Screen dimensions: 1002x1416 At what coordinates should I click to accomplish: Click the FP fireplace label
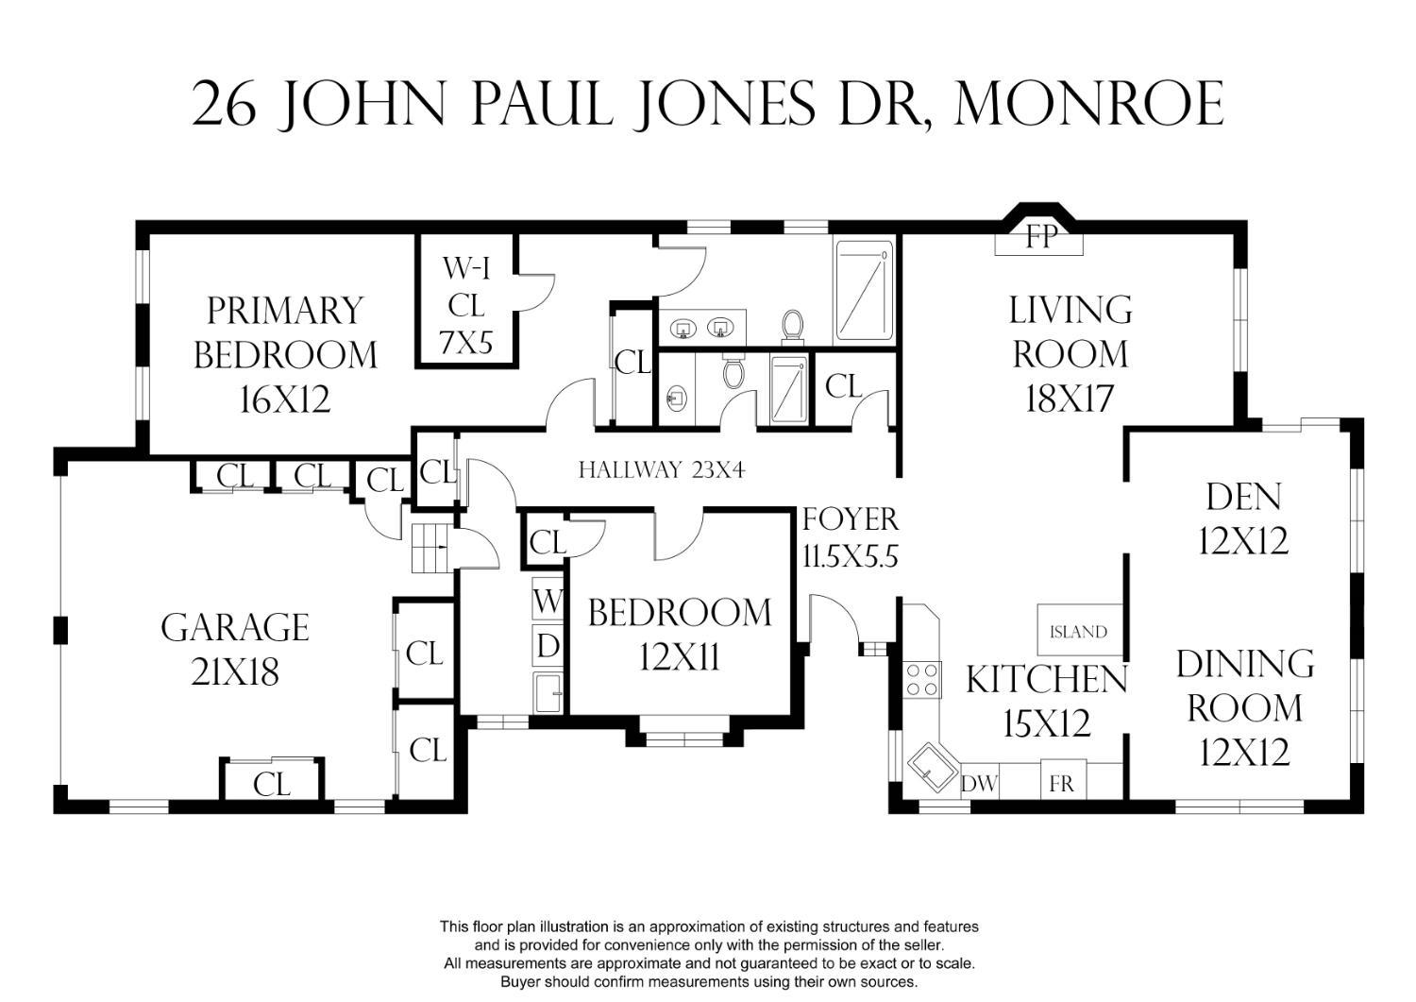click(1040, 236)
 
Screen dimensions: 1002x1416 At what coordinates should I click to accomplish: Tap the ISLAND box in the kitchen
click(1079, 631)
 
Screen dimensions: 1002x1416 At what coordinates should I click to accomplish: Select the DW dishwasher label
click(979, 783)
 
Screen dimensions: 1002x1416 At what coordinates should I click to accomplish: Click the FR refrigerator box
click(1061, 783)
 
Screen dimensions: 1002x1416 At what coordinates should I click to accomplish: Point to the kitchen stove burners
click(923, 679)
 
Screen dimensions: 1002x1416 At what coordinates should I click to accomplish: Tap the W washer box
click(548, 601)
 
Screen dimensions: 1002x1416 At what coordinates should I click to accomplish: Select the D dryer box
click(548, 646)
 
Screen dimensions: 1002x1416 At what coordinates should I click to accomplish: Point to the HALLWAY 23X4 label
click(661, 469)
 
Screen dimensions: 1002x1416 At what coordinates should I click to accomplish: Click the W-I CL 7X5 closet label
click(466, 305)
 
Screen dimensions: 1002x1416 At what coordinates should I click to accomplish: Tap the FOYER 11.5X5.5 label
click(850, 536)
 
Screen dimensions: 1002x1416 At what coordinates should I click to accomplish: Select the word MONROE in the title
click(1089, 104)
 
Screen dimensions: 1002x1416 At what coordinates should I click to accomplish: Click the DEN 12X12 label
click(1243, 518)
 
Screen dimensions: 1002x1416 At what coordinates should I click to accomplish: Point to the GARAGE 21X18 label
click(235, 650)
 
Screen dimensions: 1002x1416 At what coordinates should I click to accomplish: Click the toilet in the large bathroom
click(793, 326)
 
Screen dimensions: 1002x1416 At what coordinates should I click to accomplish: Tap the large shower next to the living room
click(864, 291)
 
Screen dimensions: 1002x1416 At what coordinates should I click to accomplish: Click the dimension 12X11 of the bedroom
click(679, 656)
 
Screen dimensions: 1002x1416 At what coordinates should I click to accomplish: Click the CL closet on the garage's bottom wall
click(272, 781)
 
